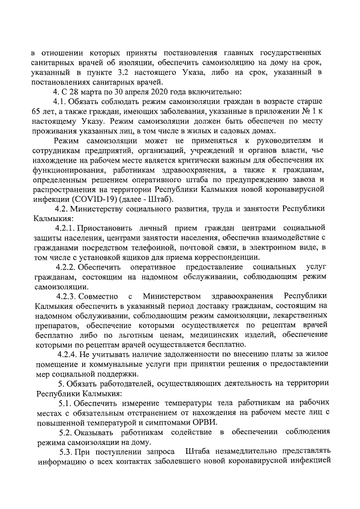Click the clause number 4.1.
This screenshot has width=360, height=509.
click(61, 102)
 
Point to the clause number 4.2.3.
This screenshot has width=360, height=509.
click(66, 296)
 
